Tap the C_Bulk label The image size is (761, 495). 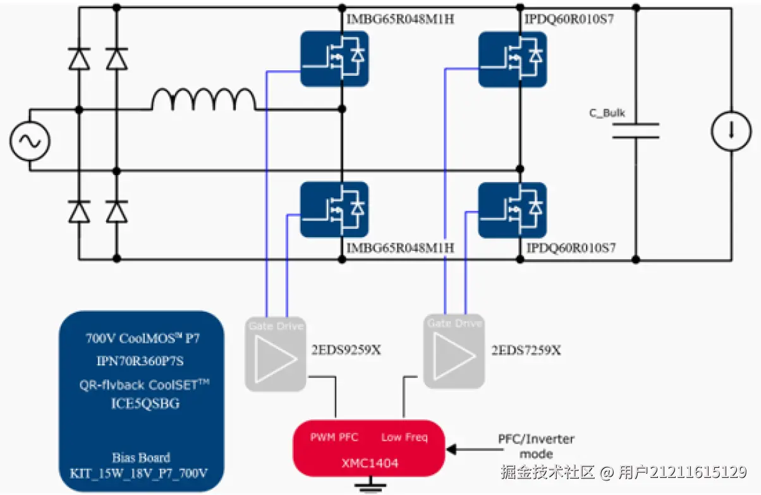(607, 113)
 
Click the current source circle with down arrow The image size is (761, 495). (731, 131)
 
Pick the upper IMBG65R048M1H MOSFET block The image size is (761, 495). (334, 58)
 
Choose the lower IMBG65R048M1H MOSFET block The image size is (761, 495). (334, 209)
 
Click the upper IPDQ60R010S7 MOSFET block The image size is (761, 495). (512, 58)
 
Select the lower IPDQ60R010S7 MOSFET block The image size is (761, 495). (512, 209)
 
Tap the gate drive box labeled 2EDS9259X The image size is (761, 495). (276, 354)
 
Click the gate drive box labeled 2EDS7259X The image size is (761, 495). (454, 351)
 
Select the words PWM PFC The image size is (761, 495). (334, 437)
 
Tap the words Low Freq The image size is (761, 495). (405, 437)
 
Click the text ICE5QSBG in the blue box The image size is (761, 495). (141, 403)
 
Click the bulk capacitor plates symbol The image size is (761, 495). (636, 131)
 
